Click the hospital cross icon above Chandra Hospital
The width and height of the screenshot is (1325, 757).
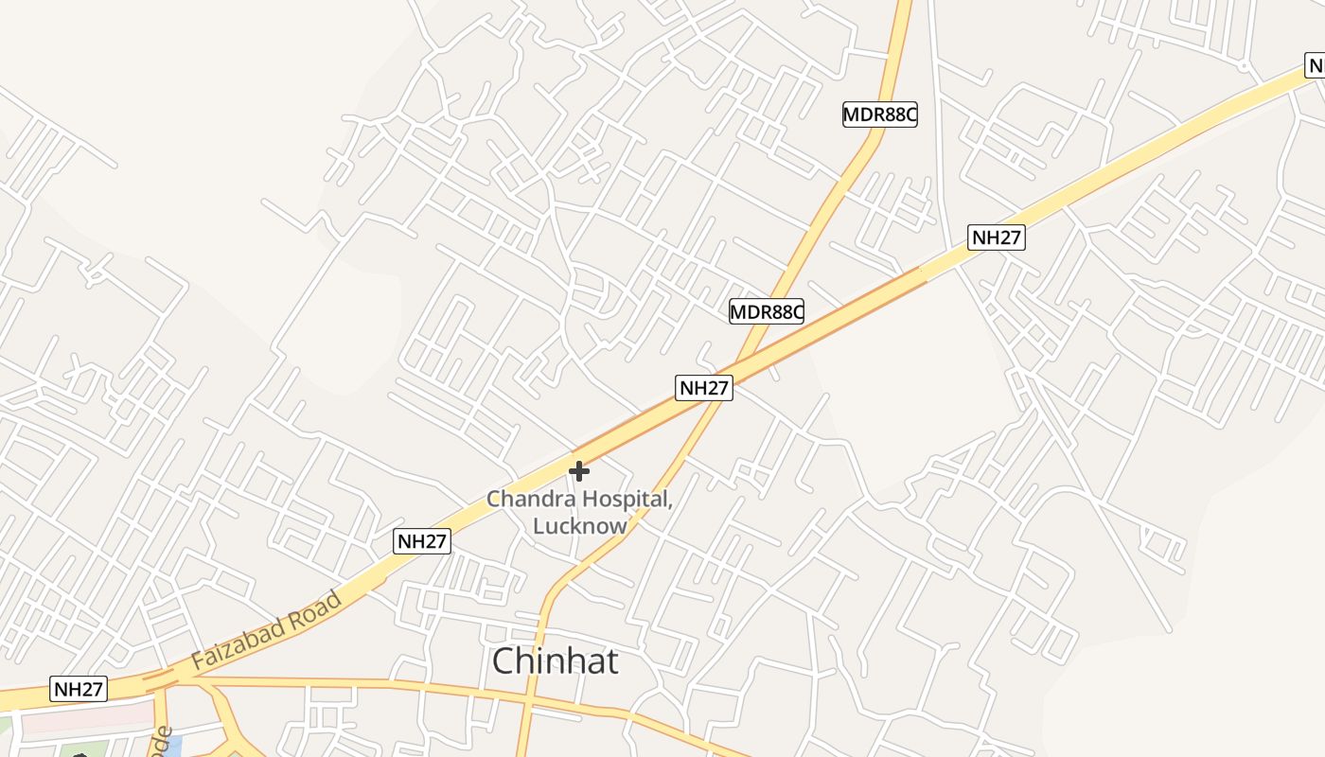[579, 471]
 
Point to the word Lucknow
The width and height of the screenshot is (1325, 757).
[579, 526]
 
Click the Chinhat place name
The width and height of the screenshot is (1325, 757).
[556, 661]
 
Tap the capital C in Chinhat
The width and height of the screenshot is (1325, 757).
[505, 661]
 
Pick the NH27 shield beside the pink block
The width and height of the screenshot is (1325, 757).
[79, 689]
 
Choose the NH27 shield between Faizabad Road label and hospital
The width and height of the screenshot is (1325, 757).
[422, 541]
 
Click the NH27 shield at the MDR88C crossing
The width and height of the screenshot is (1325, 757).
[704, 387]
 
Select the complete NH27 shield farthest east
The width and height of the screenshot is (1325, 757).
[997, 238]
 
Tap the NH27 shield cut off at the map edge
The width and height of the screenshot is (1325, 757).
[1316, 65]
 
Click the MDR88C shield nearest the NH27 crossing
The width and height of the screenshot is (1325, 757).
[767, 310]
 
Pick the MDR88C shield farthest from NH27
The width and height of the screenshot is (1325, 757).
[880, 114]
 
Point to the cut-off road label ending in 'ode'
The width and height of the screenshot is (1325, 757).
[163, 743]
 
